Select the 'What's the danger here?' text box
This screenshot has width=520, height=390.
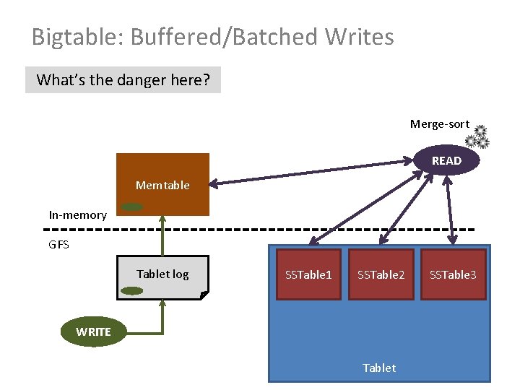click(123, 80)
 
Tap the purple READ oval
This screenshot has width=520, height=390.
click(446, 160)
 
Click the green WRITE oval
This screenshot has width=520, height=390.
click(93, 331)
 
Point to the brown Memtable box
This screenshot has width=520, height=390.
click(163, 185)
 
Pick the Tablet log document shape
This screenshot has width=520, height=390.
click(162, 277)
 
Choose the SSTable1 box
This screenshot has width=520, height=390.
click(308, 274)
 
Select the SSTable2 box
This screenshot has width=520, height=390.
click(381, 274)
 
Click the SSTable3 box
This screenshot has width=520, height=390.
click(453, 274)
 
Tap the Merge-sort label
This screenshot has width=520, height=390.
click(439, 124)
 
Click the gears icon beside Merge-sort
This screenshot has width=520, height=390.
click(477, 136)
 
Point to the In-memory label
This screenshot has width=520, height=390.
click(77, 214)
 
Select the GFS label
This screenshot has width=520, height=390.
click(59, 245)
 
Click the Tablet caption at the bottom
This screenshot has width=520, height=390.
click(379, 368)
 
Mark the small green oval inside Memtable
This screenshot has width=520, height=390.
click(131, 207)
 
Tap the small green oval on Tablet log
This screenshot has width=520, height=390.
click(131, 291)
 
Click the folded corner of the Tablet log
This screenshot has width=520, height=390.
click(204, 295)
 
